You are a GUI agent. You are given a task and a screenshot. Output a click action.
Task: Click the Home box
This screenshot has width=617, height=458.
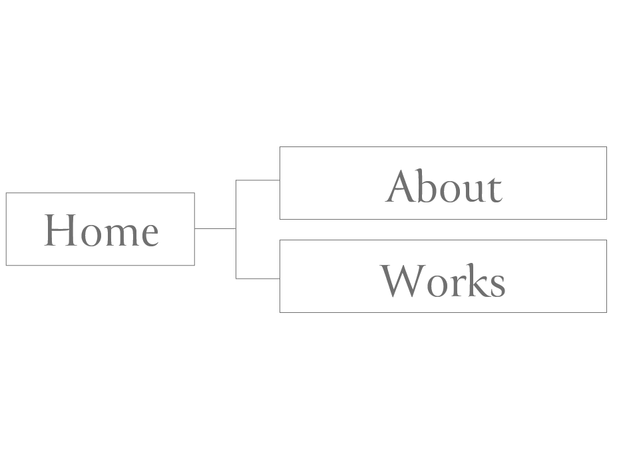[x=100, y=229]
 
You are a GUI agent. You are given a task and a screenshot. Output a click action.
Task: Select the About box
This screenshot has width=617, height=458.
[x=443, y=182]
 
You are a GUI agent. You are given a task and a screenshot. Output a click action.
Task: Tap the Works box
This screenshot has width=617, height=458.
[x=443, y=276]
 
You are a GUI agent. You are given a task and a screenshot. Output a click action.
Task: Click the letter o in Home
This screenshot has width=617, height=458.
[x=85, y=235]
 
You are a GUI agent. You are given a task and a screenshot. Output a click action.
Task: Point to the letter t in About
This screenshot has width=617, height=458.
[x=495, y=189]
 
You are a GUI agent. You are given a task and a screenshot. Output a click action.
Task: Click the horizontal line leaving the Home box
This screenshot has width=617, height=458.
[x=214, y=228]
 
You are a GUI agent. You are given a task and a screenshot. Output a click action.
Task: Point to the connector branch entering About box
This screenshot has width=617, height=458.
[x=258, y=180]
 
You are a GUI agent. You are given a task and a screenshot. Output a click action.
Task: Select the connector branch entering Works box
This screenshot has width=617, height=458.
[x=258, y=279]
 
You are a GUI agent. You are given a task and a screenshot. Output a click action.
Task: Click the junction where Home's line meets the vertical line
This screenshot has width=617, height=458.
[x=236, y=228]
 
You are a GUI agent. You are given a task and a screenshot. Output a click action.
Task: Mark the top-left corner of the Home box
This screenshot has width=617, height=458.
[x=6, y=193]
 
